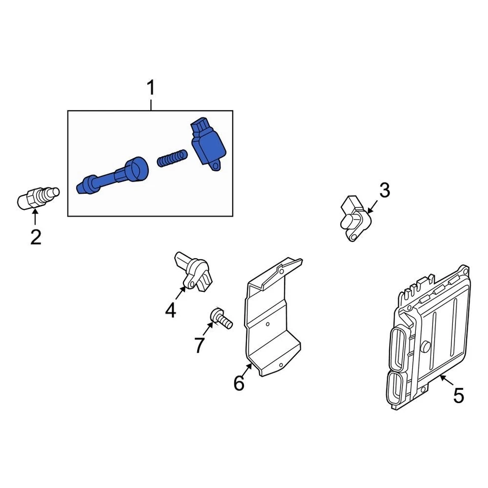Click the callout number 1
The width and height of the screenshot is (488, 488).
coord(150,88)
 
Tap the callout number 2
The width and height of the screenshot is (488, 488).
coord(36,237)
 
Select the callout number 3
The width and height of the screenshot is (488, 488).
coord(384,191)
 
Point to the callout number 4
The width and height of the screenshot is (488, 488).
coord(170,309)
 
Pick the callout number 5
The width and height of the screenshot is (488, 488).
coord(459,395)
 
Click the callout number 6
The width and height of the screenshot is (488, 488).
coord(239,383)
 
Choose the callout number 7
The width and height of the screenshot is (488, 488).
coord(199,345)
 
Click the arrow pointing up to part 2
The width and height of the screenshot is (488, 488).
coord(35,218)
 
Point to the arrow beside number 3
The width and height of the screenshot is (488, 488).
coord(372,206)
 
